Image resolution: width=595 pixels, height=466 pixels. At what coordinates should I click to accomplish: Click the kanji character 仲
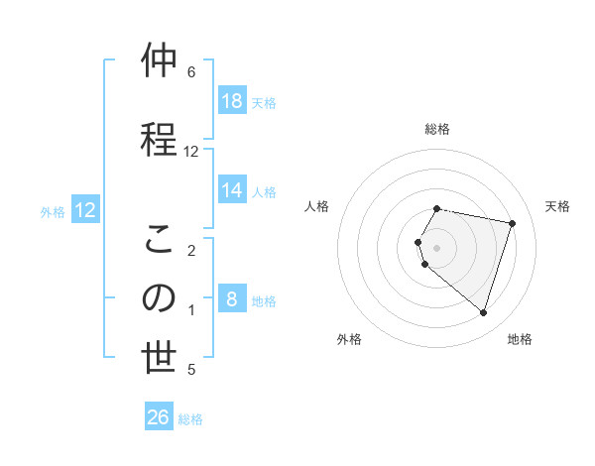click(x=159, y=61)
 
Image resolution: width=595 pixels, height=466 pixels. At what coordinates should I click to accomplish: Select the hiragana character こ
click(x=159, y=239)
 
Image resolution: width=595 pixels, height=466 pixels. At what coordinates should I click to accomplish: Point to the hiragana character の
click(x=159, y=298)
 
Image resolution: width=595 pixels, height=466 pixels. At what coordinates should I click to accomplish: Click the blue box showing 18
click(x=231, y=101)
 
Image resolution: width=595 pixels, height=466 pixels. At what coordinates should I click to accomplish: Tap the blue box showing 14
click(x=231, y=190)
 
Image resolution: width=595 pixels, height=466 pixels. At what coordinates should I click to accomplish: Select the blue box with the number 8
click(x=231, y=299)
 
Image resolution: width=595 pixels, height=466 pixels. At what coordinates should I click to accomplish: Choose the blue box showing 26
click(x=159, y=417)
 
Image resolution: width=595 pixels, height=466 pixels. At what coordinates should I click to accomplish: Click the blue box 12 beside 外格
click(x=85, y=210)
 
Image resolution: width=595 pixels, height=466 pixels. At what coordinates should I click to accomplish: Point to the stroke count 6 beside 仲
click(x=191, y=72)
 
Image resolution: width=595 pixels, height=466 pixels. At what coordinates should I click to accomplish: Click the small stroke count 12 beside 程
click(x=191, y=152)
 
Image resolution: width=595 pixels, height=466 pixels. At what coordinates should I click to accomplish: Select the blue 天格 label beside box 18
click(x=264, y=102)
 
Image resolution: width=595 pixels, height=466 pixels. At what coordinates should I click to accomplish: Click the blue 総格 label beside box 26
click(x=190, y=418)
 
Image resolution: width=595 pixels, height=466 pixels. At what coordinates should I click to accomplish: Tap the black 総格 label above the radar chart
click(x=437, y=129)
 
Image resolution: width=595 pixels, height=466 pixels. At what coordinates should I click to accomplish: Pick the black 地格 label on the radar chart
click(x=520, y=339)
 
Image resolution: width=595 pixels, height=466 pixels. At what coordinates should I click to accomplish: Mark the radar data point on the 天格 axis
click(x=512, y=223)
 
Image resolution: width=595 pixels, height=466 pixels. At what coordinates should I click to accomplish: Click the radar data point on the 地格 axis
click(x=483, y=312)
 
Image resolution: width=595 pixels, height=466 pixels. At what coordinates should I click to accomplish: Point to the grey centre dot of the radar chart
click(x=437, y=247)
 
